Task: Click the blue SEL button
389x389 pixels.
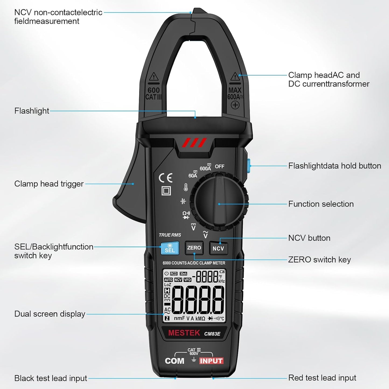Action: tap(170, 248)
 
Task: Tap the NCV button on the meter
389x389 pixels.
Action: tap(218, 248)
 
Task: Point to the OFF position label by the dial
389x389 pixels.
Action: tap(219, 166)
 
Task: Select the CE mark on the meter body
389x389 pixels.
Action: tap(166, 178)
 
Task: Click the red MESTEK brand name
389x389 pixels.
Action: tap(184, 333)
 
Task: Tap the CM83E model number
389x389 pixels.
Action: tap(212, 334)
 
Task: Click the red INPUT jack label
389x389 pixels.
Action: tap(211, 361)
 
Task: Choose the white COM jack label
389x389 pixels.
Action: tap(174, 361)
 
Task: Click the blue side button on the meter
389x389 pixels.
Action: tap(248, 166)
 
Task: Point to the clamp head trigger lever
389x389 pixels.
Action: tap(129, 188)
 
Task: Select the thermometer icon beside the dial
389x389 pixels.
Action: tap(186, 187)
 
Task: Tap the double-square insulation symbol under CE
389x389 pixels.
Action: tap(166, 191)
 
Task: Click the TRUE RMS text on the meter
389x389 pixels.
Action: tap(170, 235)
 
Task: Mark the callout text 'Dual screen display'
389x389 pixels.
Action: tap(50, 314)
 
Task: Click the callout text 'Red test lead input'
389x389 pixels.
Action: tap(322, 378)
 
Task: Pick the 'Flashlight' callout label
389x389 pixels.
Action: tap(32, 111)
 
